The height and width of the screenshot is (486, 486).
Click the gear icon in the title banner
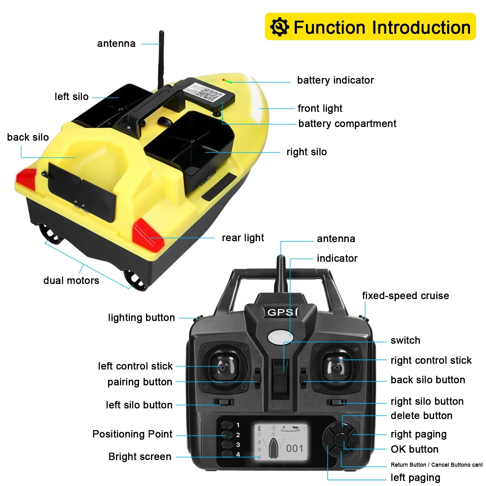(279, 27)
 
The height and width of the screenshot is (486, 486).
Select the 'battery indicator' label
(335, 80)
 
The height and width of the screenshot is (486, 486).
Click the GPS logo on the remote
(280, 312)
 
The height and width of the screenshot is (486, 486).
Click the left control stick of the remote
(223, 367)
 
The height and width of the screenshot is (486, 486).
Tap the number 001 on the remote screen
(294, 448)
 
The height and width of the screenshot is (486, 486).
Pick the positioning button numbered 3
(227, 444)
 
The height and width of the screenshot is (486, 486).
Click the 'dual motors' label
(71, 280)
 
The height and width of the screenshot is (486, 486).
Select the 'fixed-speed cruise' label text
(405, 296)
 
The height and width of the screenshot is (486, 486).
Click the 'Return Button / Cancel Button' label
(436, 465)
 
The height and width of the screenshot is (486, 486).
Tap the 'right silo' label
(307, 152)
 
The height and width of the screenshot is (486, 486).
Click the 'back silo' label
(28, 137)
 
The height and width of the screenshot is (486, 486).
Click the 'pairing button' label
(140, 382)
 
